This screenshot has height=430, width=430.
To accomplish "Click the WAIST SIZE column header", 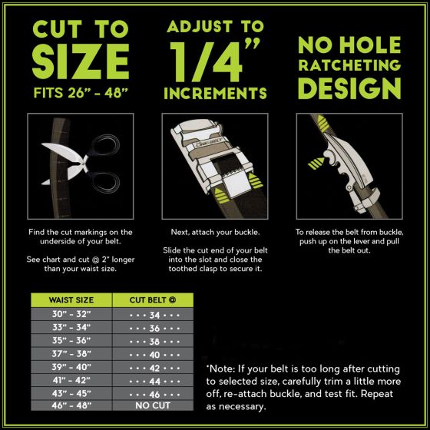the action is pos(71,299).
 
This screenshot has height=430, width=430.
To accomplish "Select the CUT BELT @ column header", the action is pos(153,299).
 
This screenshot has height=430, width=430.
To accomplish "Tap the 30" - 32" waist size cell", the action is pos(71,314).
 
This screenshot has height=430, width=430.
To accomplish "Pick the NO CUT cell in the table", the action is pos(153,405).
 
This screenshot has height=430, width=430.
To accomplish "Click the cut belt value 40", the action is pos(154,355).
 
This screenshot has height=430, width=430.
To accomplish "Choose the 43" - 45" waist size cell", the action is pos(71,393).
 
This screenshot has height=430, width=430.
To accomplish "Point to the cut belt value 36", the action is pos(154,329).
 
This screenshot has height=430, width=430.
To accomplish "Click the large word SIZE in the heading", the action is pos(81,61).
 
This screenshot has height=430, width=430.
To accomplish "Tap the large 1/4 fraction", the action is pos(207,62).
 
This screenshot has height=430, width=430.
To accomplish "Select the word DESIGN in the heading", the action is pos(349,88).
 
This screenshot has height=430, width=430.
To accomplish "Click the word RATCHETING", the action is pos(349,65).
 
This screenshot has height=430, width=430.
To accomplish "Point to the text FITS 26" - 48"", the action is pos(81,93).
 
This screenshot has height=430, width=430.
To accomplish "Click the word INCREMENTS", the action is pos(215,93).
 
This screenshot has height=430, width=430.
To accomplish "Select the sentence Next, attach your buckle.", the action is pos(215,232).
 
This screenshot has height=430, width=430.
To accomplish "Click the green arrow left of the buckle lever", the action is pos(316,163).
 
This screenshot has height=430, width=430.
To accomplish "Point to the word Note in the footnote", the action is pos(222,369).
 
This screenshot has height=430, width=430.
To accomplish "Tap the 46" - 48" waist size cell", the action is pos(71,405).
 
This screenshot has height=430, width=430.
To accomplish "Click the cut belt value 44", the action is pos(154,381).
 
